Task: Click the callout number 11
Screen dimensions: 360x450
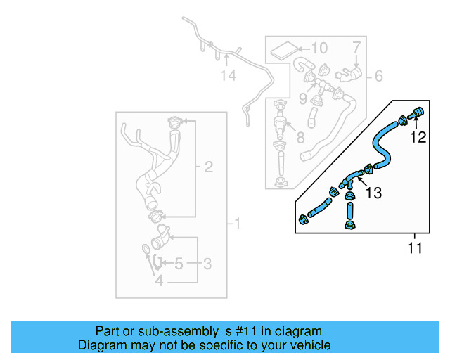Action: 415,248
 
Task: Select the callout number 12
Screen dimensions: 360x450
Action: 418,138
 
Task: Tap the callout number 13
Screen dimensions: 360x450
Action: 374,193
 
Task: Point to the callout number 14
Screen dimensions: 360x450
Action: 227,75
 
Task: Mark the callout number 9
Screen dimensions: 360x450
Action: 304,98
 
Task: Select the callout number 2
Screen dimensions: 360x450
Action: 208,167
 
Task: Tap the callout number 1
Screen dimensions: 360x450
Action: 237,224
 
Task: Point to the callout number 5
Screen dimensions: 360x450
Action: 179,264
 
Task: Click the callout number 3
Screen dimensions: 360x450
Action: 207,264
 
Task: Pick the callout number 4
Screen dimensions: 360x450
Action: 159,281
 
